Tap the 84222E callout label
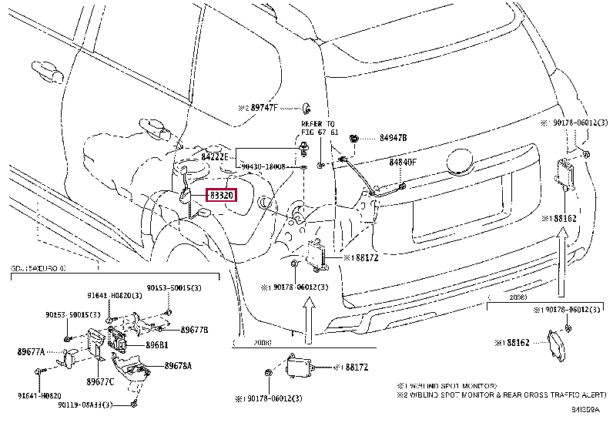pos(217,156)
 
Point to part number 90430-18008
pos(263,166)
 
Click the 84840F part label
pos(402,162)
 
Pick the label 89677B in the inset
pos(194,329)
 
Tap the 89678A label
pos(177,366)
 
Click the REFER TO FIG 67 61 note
pos(318,127)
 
